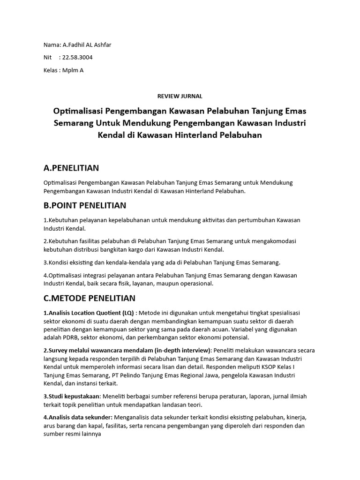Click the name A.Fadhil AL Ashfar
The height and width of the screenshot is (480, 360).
(87, 45)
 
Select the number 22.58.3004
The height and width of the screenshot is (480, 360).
(81, 58)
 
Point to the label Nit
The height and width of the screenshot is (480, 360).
(48, 58)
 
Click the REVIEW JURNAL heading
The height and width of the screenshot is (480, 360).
(180, 96)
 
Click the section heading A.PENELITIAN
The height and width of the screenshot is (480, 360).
(71, 168)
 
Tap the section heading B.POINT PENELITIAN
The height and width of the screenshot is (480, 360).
(84, 205)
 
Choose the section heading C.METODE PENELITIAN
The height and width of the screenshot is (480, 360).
(89, 298)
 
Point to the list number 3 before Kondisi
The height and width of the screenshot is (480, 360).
(45, 262)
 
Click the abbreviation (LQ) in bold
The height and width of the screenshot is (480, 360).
(127, 313)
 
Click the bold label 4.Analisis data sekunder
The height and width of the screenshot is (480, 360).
(77, 417)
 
